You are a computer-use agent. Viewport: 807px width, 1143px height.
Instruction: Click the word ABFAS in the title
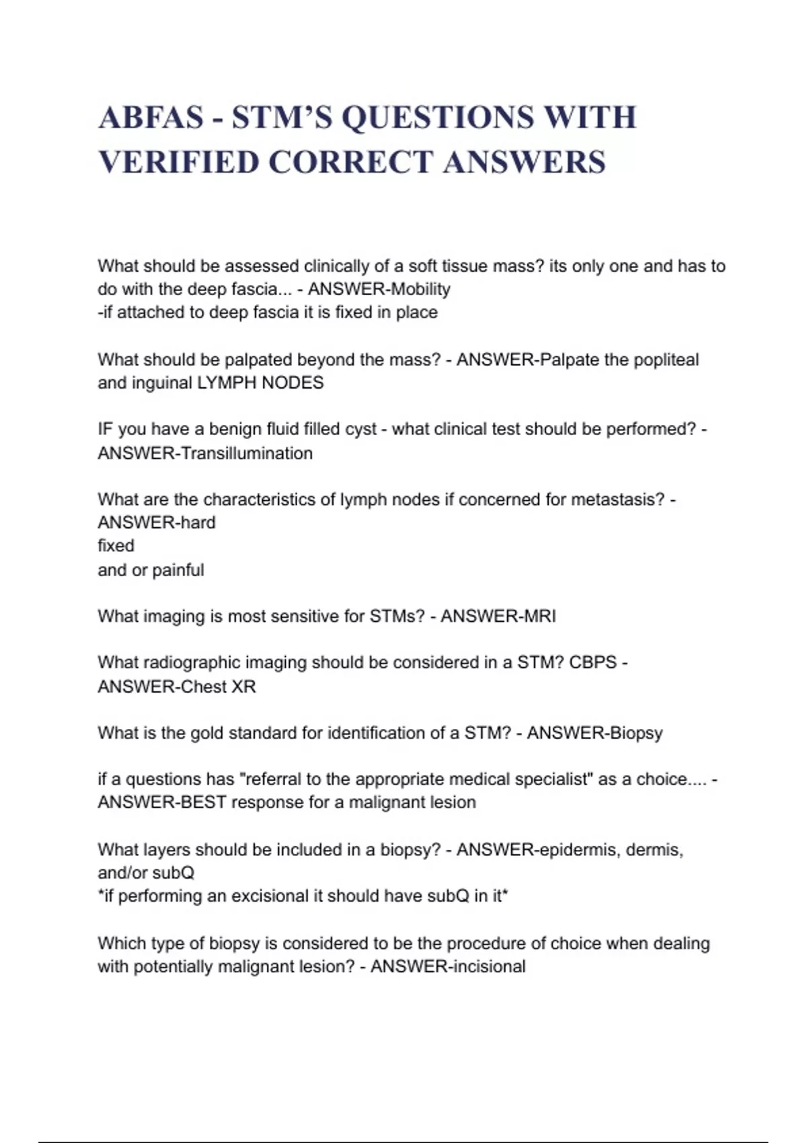tap(151, 118)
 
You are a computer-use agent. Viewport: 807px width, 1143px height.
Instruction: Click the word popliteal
tap(666, 360)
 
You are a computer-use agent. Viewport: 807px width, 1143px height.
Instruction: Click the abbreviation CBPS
tap(592, 662)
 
